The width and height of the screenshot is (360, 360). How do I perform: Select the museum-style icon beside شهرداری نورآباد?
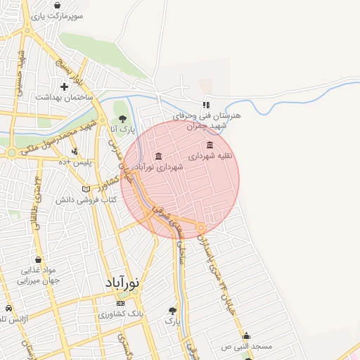click(157, 155)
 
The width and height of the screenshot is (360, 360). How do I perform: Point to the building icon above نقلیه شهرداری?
click(210, 144)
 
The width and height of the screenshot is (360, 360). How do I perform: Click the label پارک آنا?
click(123, 129)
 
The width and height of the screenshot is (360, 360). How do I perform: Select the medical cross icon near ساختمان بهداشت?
click(64, 86)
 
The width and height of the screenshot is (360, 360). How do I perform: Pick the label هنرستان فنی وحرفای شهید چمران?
click(208, 120)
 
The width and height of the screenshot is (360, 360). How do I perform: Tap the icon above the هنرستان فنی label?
click(206, 104)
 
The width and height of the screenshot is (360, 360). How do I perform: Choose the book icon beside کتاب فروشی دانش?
click(86, 188)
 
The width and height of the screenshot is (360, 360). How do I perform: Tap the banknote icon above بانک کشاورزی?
click(120, 303)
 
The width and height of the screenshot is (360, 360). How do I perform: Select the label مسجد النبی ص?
click(247, 347)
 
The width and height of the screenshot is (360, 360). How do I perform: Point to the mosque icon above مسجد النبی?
click(246, 335)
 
